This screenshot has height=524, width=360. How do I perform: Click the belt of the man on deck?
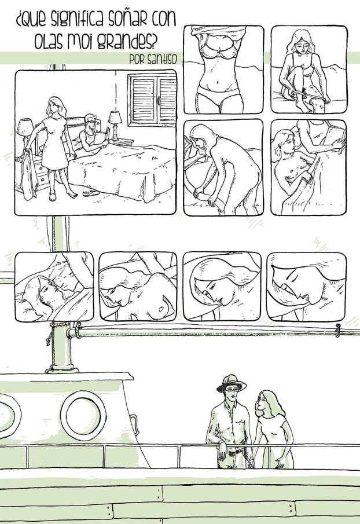(x=233, y=449)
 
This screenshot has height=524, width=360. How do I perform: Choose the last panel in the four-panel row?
(x=306, y=285)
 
